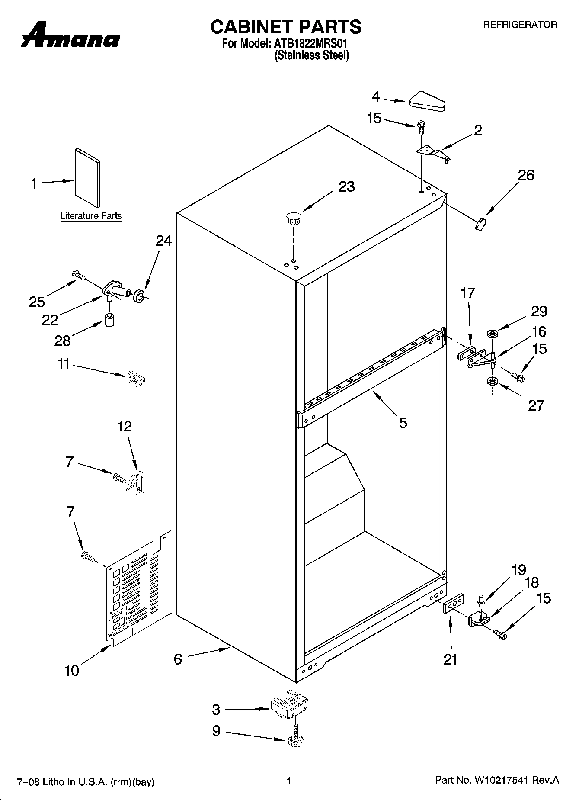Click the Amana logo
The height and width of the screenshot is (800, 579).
[x=70, y=35]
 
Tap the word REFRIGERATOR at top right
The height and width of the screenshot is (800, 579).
[x=520, y=25]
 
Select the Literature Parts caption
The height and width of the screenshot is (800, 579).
[x=91, y=216]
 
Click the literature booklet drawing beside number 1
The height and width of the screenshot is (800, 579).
[x=87, y=178]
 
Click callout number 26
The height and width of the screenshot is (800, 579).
[x=526, y=176]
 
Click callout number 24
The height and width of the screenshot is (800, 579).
[x=164, y=241]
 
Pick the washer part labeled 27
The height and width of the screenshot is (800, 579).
[x=492, y=381]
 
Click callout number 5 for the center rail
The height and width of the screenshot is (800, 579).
[x=403, y=422]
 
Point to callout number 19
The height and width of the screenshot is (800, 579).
[x=519, y=570]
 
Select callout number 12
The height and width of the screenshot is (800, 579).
[x=125, y=426]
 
